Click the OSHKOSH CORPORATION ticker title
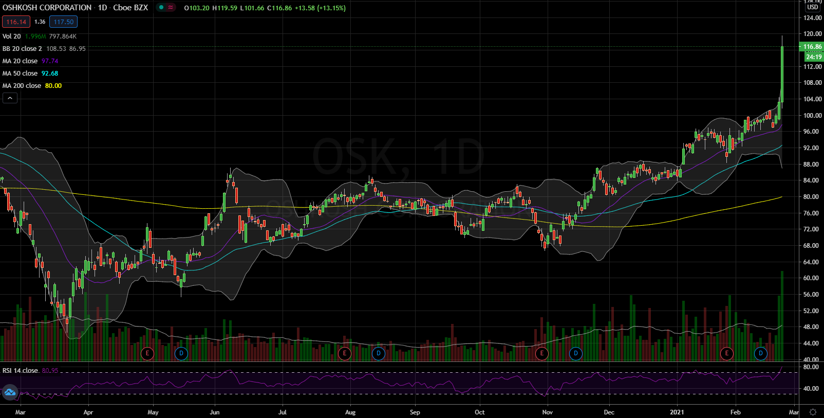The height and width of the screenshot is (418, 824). pos(47,8)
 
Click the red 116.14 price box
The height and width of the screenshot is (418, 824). pos(16,22)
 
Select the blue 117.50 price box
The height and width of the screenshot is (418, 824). pos(64,22)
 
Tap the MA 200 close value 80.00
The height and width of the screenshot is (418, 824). pos(53,86)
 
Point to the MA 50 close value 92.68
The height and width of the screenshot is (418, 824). pos(50,74)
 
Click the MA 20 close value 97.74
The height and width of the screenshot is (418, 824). pos(50,61)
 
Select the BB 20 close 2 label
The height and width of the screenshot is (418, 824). pos(22,49)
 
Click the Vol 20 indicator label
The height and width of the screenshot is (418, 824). pos(12,37)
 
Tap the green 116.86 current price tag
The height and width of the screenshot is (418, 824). pos(812,47)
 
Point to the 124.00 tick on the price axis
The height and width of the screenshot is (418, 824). pos(812,18)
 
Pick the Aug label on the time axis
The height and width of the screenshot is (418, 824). pos(350,412)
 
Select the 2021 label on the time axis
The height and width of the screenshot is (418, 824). pos(677,412)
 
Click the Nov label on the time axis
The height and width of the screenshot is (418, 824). pos(548,412)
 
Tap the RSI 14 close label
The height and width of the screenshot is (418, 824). pos(20,371)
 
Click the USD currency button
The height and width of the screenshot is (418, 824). pos(812,7)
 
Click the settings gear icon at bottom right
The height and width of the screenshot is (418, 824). pos(813,412)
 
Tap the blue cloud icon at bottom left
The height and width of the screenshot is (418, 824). pos(10,393)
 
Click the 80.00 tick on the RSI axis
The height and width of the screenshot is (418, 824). pos(811,368)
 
